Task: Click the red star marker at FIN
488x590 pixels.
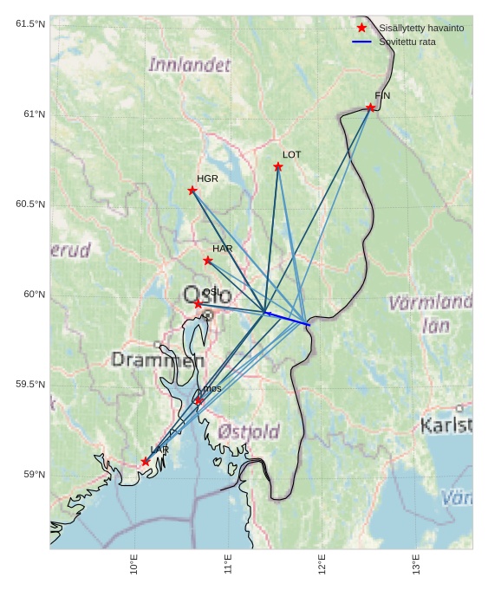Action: (370, 107)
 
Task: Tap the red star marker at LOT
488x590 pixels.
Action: (278, 166)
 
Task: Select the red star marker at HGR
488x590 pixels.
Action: (192, 191)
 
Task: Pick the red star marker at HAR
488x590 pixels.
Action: (208, 261)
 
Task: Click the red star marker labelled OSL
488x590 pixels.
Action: (198, 304)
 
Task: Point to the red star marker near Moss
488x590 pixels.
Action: (198, 401)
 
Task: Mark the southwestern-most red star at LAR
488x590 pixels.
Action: (146, 462)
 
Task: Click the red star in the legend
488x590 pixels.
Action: (361, 28)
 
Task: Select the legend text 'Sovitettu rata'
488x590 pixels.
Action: (407, 42)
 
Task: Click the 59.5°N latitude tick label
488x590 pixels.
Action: (30, 385)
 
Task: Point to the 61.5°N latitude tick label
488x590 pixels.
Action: (30, 24)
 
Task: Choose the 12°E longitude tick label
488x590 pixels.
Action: (322, 564)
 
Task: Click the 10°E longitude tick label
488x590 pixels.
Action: (134, 564)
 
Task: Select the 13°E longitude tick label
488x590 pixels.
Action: (417, 564)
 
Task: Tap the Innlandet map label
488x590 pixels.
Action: (190, 65)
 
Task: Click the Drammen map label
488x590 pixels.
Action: (157, 360)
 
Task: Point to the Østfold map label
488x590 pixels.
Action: (249, 431)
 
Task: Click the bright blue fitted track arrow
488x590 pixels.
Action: (287, 318)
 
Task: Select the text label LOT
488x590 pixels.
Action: (292, 155)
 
